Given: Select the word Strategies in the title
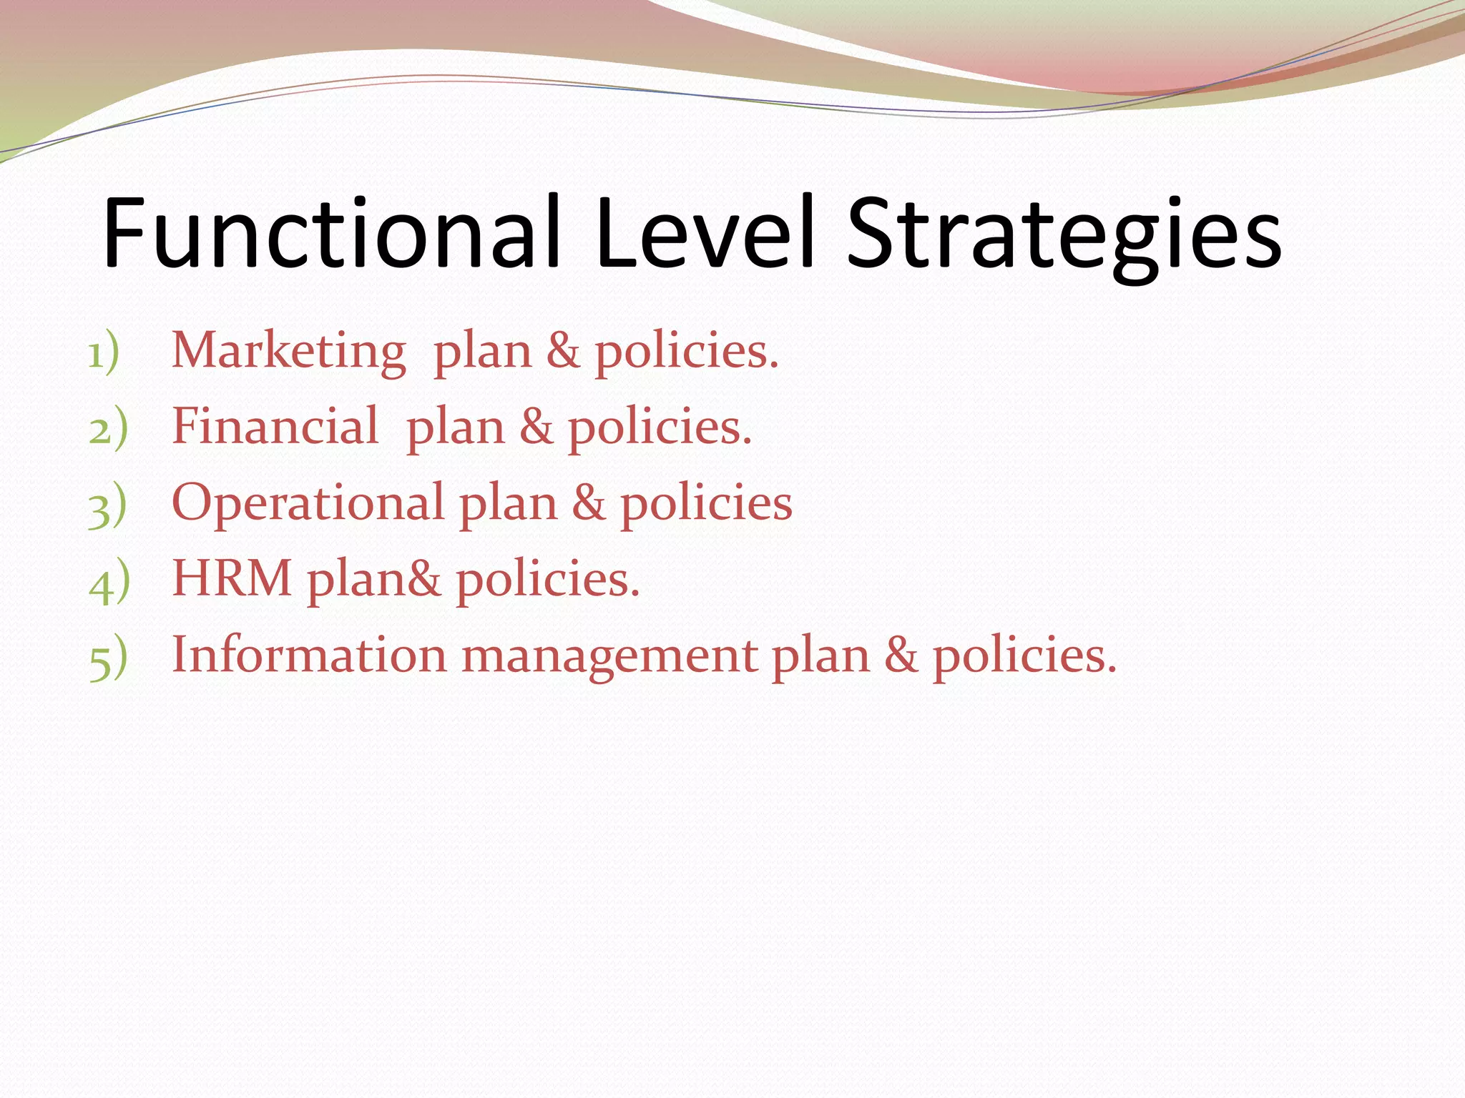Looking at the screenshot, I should coord(1064,236).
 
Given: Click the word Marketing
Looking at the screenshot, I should coord(289,352).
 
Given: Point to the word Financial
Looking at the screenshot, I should coord(275,426).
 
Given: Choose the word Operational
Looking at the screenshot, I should coord(308,503).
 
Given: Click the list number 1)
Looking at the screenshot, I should coord(104,354).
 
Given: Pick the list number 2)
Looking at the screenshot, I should coord(108,430).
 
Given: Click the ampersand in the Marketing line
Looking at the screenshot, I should coord(563,352).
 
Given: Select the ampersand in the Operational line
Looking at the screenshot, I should coord(589,503).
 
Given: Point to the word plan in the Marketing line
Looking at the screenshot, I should coord(483,353).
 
